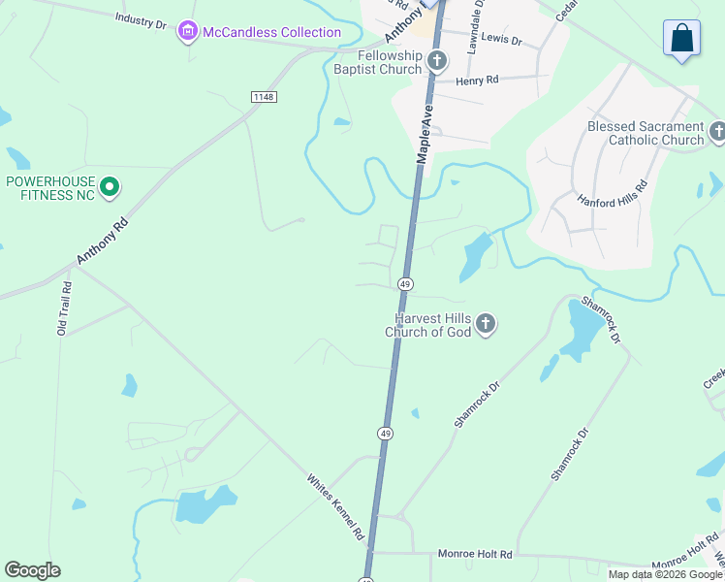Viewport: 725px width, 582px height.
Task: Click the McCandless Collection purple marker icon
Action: [x=188, y=33]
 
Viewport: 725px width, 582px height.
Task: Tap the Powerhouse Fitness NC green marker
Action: [x=110, y=186]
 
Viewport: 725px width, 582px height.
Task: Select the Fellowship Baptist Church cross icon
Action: [x=436, y=62]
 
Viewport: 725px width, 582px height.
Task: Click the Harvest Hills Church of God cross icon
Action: [x=486, y=324]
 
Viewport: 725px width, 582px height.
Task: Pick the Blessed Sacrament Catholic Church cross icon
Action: [x=717, y=132]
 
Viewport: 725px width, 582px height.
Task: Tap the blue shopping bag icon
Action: [x=681, y=40]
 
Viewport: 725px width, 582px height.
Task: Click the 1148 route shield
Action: [x=263, y=96]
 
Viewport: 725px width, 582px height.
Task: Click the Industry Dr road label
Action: [x=142, y=18]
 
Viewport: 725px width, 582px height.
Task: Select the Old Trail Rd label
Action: [x=65, y=309]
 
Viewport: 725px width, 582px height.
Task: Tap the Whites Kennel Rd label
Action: [x=335, y=507]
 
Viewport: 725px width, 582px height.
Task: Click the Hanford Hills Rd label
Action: [x=613, y=194]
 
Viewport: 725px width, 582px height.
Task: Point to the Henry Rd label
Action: [x=478, y=81]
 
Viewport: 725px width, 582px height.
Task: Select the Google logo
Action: [x=32, y=570]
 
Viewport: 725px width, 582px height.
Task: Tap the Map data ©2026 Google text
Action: [x=665, y=574]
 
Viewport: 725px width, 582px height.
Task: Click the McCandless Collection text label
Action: [x=258, y=33]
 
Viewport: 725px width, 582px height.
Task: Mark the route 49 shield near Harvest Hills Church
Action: [x=405, y=284]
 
